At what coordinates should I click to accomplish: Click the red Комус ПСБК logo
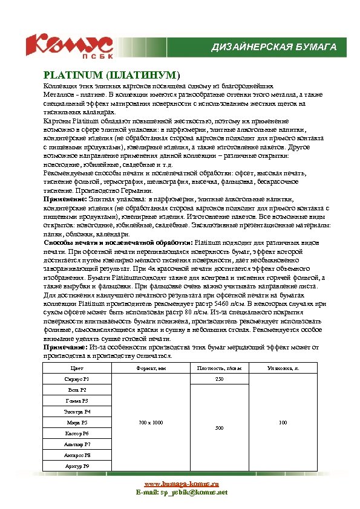[x=68, y=46]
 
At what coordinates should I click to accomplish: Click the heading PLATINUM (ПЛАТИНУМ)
[x=111, y=76]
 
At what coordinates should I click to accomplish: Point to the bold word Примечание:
[x=65, y=348]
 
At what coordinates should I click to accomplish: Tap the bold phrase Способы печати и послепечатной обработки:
[x=117, y=242]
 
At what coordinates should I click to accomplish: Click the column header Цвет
[x=77, y=368]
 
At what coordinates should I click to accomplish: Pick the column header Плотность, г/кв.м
[x=219, y=368]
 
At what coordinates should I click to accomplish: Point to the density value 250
[x=219, y=378]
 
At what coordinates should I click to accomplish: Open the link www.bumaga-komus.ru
[x=181, y=484]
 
